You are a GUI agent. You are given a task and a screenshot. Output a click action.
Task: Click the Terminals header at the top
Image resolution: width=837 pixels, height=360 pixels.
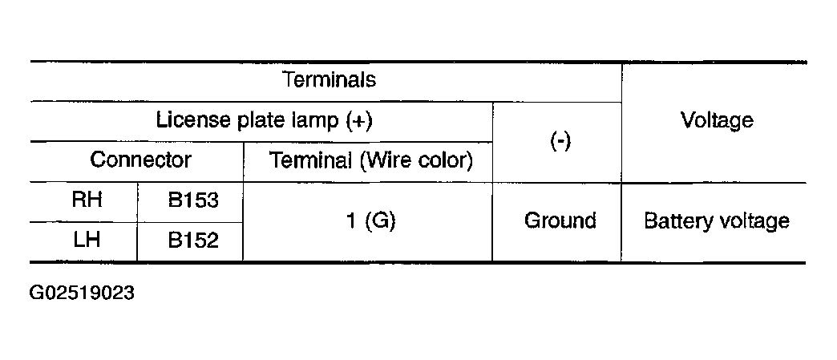coord(329,79)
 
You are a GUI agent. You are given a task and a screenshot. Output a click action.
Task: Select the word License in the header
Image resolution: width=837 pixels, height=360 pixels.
coord(192,119)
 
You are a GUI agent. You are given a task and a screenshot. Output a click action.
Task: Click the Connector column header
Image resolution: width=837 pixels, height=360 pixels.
coord(140,160)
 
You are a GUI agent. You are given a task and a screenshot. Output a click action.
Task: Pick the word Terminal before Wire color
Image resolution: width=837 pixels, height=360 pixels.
coord(311,160)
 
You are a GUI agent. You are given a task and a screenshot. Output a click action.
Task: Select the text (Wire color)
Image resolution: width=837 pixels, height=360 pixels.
coord(416,160)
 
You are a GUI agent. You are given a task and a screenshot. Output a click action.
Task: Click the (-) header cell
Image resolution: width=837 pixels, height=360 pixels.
coord(560,142)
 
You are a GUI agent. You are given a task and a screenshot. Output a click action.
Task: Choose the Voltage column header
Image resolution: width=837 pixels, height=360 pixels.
coord(717,121)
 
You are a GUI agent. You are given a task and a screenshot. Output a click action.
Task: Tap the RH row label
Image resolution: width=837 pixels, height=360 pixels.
coord(87,200)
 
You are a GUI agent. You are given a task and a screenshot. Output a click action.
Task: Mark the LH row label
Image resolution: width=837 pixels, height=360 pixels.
coord(87,240)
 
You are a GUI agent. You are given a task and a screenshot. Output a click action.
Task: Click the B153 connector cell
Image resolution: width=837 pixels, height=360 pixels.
coord(193,200)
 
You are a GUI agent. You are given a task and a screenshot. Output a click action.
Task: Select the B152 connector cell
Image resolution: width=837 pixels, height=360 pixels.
coord(193,241)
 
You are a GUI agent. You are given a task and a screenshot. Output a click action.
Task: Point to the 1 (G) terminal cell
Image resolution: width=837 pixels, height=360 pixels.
coord(371,220)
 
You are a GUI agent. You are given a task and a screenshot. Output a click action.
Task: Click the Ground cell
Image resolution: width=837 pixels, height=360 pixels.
coord(560,220)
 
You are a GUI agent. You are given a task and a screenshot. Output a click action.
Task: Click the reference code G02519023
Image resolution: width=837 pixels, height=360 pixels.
coord(82,293)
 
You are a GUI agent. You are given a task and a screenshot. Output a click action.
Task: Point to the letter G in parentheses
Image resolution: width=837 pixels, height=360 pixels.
coord(379,220)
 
